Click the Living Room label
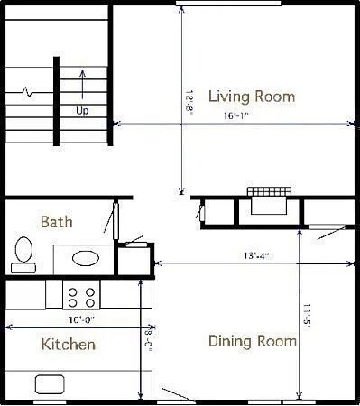(x=251, y=96)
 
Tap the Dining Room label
(x=252, y=341)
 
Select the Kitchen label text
(x=69, y=345)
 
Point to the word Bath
(x=57, y=221)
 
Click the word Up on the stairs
(x=82, y=111)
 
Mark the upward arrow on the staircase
(x=82, y=84)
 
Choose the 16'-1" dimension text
(x=236, y=116)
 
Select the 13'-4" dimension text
(x=255, y=255)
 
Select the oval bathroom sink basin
(x=86, y=258)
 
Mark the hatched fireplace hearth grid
(x=269, y=192)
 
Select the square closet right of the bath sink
(x=134, y=259)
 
